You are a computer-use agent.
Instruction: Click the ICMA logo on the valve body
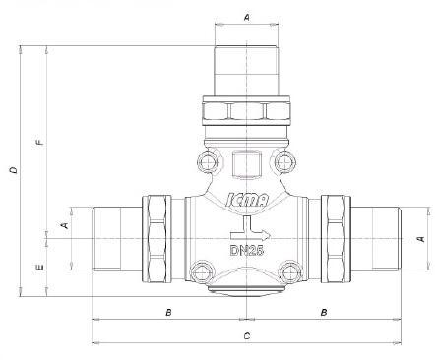(247, 200)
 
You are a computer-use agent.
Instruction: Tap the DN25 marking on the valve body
(247, 251)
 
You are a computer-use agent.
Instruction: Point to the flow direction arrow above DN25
(250, 228)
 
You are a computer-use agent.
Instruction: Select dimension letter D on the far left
(14, 170)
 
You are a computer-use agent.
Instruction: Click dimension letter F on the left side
(40, 143)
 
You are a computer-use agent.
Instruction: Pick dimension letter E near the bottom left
(40, 268)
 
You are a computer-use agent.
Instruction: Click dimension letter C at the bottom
(247, 336)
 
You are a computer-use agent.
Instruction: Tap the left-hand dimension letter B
(168, 312)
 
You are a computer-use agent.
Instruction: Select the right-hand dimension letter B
(324, 312)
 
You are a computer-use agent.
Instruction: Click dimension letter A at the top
(247, 18)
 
